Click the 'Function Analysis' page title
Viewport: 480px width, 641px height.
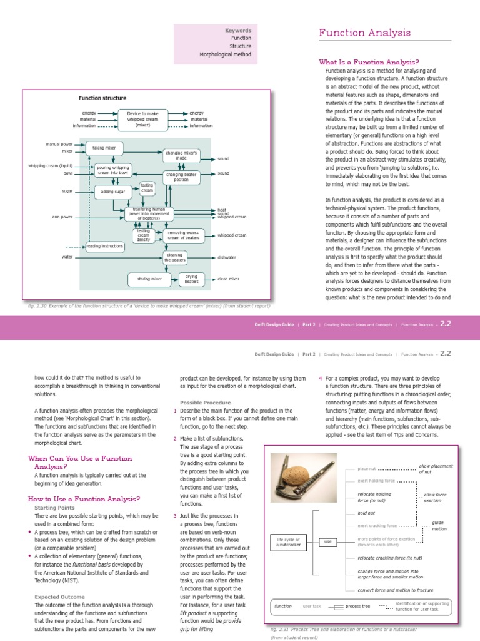click(365, 33)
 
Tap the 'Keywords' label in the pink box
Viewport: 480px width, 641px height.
click(238, 29)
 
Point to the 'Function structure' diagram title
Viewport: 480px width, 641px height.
click(102, 98)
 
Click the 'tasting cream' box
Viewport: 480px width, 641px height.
click(147, 187)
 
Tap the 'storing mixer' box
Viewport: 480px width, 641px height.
click(149, 279)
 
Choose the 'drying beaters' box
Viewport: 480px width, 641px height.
click(191, 279)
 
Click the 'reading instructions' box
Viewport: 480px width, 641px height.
click(104, 246)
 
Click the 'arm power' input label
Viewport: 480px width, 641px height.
click(62, 217)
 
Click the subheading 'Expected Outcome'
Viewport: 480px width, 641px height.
click(59, 597)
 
